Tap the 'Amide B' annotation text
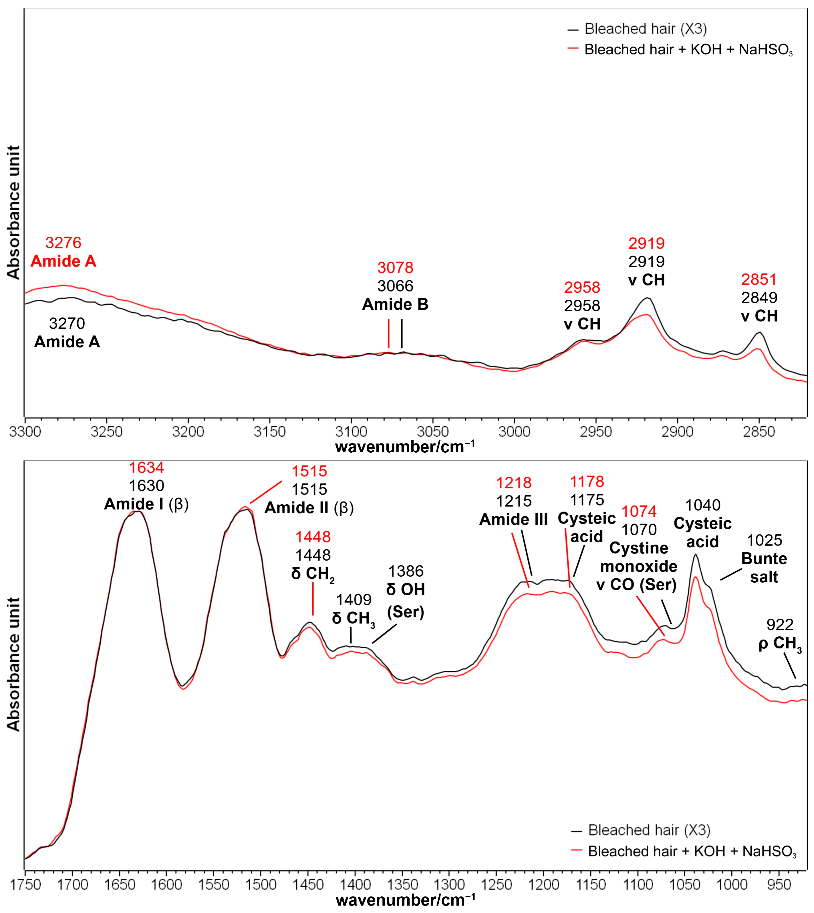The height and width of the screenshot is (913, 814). coord(395,304)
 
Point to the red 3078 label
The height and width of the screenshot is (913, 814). coord(395,268)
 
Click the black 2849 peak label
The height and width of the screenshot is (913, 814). coord(759,298)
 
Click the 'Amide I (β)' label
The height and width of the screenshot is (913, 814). coord(146,504)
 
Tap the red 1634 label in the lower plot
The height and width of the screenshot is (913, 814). coord(146,468)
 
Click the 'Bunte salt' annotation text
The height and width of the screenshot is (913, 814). coord(764,568)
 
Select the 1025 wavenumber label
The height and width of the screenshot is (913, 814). coord(764,540)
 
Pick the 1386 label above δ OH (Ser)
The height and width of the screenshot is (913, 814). coord(406,571)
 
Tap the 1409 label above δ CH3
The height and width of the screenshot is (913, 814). coord(353,600)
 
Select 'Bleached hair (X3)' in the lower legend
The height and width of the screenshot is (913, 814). coord(649,830)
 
